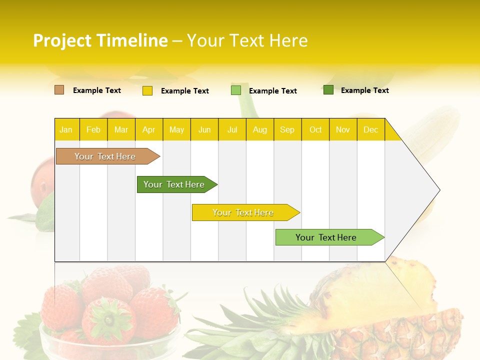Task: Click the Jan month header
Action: [66, 129]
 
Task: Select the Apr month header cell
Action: [149, 129]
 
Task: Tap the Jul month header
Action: [232, 129]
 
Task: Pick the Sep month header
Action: [287, 129]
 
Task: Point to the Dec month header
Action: [370, 129]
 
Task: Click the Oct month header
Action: [315, 129]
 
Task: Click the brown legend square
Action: [59, 90]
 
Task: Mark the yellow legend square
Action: [147, 90]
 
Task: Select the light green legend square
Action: [236, 90]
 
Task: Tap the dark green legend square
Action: [328, 90]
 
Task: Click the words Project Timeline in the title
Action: [100, 40]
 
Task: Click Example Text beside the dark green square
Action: [364, 90]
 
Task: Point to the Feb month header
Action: [93, 129]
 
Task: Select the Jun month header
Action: [204, 129]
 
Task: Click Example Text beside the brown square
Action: [97, 90]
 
